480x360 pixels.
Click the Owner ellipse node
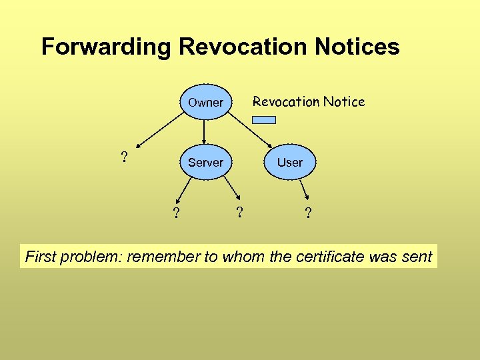tap(205, 102)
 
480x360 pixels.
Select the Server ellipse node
tap(205, 162)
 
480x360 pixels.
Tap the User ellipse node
tap(289, 162)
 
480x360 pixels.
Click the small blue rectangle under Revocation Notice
tap(263, 121)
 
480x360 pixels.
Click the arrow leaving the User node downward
tap(303, 190)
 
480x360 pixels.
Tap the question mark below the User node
tap(307, 213)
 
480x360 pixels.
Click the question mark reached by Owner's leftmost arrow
tap(123, 157)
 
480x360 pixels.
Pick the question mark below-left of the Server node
tap(176, 213)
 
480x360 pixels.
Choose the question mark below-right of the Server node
tap(239, 213)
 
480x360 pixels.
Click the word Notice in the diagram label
tap(344, 101)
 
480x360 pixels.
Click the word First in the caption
tap(40, 257)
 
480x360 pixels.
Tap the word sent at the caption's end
tap(417, 257)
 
